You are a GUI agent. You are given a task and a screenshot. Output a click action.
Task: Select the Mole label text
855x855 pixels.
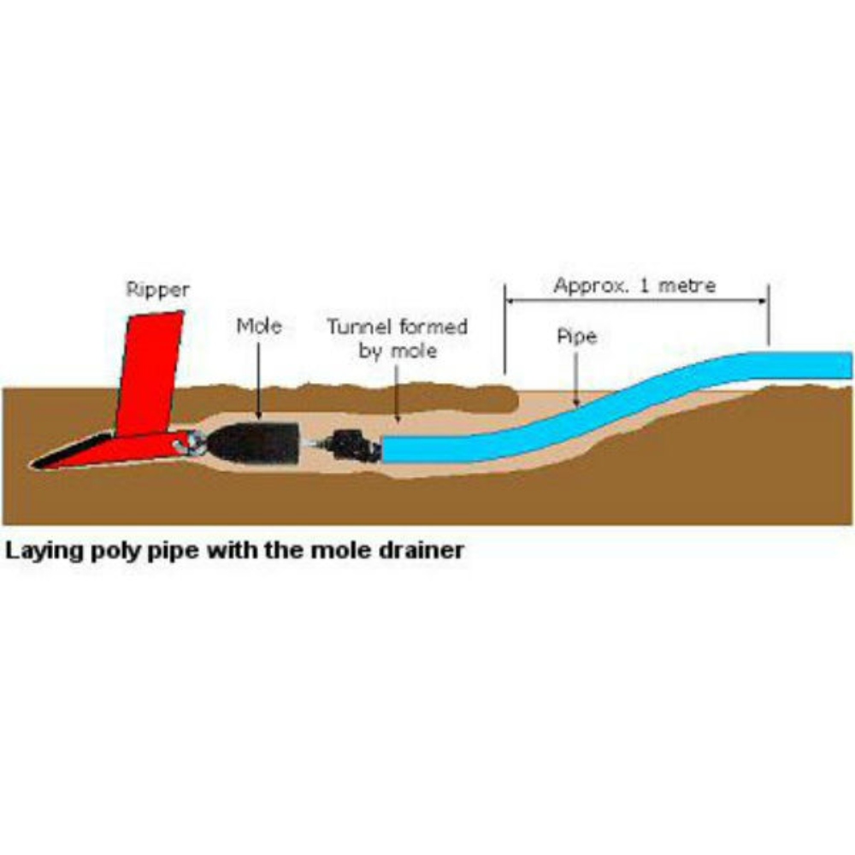coord(259,326)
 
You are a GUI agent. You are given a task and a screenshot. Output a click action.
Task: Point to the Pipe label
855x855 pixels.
coord(576,337)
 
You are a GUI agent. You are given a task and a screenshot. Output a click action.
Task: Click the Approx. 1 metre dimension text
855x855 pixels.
coord(634,286)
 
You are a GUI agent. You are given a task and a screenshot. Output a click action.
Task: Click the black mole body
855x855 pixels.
coord(255,443)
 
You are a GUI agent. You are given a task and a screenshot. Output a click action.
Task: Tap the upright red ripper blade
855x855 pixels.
coord(150,372)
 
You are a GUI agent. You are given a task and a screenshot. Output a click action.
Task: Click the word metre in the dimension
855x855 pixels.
coord(687,286)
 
